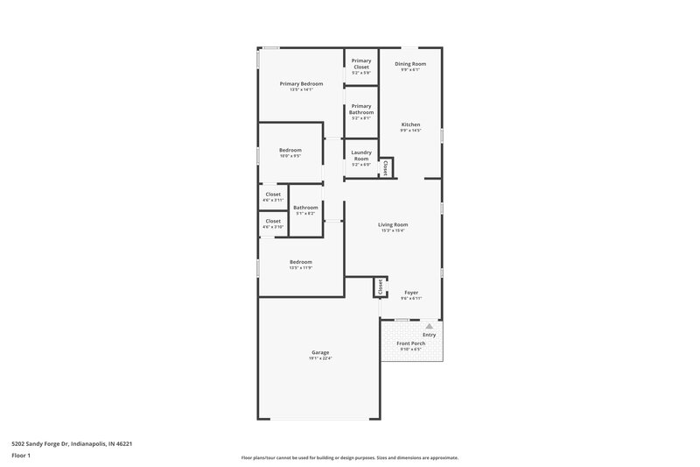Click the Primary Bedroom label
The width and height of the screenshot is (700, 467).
[301, 84]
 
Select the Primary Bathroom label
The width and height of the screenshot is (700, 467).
[360, 110]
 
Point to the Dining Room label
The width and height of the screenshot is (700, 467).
[409, 64]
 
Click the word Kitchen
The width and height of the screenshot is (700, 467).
[410, 124]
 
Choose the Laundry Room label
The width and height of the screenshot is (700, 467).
[360, 156]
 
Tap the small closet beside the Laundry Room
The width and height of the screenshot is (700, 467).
[385, 166]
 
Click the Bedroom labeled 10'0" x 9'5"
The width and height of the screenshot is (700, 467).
[290, 150]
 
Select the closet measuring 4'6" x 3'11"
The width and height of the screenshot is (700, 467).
[273, 195]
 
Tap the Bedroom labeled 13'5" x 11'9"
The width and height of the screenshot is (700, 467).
[301, 262]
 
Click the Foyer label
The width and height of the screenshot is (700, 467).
[410, 293]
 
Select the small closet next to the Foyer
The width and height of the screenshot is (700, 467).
[380, 287]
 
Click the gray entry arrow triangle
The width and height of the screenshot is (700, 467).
[429, 326]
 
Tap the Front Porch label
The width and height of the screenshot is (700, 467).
[411, 343]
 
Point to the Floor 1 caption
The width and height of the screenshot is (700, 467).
[21, 456]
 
